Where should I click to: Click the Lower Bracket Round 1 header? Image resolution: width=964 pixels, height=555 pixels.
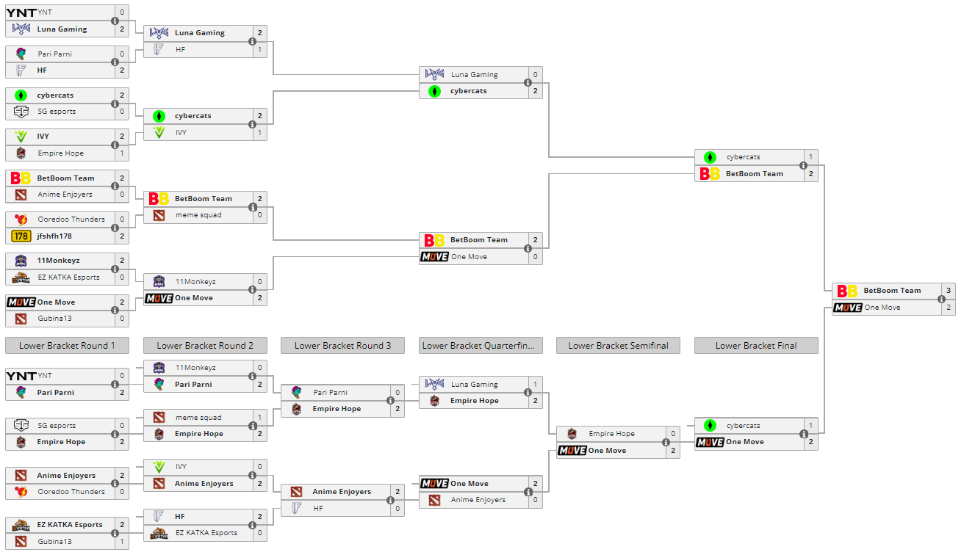click(x=67, y=346)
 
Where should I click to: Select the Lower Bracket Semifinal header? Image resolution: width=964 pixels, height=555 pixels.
click(x=618, y=346)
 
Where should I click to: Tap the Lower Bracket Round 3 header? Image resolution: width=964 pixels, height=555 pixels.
click(x=342, y=346)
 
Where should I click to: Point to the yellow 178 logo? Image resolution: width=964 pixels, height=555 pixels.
click(x=21, y=236)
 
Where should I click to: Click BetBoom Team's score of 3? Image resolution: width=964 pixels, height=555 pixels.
click(x=949, y=291)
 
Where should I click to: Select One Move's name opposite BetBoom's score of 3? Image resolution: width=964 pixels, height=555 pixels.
click(x=882, y=308)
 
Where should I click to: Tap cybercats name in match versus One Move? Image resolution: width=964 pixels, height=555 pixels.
click(x=743, y=426)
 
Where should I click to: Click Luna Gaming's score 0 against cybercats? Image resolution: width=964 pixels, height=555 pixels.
click(x=535, y=75)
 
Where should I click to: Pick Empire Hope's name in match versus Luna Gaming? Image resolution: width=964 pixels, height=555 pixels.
click(x=474, y=401)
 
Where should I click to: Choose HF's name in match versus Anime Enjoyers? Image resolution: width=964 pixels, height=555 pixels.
click(x=318, y=508)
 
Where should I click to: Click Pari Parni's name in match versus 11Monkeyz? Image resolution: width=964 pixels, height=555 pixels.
click(x=193, y=384)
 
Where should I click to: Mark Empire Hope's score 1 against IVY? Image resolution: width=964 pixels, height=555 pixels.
click(x=122, y=153)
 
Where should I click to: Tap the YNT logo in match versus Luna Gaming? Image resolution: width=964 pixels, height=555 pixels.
click(x=21, y=12)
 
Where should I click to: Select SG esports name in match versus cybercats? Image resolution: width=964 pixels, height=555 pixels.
click(x=57, y=112)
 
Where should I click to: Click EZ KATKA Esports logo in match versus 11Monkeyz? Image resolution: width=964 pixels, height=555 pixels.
click(x=21, y=277)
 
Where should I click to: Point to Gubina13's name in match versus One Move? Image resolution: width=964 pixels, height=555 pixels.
click(x=55, y=319)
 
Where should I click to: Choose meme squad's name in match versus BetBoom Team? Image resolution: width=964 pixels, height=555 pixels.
click(x=198, y=215)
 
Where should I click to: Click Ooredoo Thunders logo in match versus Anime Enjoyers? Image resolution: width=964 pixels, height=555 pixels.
click(x=21, y=492)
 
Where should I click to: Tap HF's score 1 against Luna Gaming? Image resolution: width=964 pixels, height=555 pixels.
click(x=259, y=50)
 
